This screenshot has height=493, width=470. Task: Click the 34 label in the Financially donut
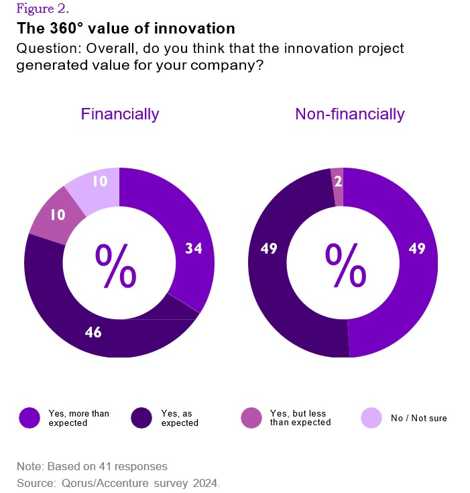click(x=194, y=249)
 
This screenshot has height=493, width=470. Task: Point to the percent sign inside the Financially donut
click(x=116, y=265)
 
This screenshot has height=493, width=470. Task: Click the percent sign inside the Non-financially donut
click(x=345, y=265)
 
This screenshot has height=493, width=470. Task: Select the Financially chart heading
click(x=119, y=114)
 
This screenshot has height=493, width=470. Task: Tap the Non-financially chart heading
click(x=349, y=114)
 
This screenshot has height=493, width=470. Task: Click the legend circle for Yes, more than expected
click(x=30, y=418)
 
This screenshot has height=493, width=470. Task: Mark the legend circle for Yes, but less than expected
click(x=251, y=418)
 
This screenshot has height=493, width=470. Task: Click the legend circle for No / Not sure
click(x=371, y=418)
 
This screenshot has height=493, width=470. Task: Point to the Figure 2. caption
click(x=42, y=9)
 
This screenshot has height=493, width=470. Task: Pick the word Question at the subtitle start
click(x=45, y=49)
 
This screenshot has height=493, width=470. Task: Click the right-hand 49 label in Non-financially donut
click(x=417, y=249)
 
